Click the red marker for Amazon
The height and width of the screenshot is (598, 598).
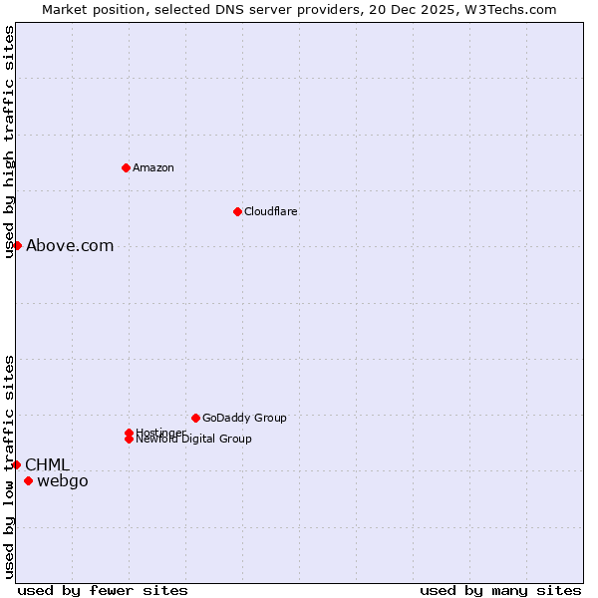[126, 167]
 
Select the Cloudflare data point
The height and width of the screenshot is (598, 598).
[237, 211]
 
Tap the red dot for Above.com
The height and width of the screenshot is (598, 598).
[17, 245]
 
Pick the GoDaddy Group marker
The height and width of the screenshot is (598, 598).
[195, 418]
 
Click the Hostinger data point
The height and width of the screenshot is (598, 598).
[130, 433]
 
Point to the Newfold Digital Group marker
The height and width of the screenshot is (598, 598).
[130, 439]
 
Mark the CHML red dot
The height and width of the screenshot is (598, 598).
[16, 464]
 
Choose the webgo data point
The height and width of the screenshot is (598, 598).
[28, 481]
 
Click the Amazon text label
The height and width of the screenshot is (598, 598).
[153, 167]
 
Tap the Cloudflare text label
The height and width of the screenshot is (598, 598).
[271, 211]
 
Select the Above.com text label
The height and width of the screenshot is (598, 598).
[70, 246]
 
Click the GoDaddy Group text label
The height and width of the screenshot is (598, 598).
[244, 418]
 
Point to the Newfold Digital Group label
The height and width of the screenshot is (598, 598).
[193, 440]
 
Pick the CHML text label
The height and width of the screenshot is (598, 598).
[47, 465]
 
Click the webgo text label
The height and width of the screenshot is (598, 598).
[63, 482]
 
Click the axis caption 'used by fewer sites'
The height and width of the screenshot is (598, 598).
[103, 591]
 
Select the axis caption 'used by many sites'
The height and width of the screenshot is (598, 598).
[500, 591]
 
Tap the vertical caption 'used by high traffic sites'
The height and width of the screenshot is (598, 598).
[10, 142]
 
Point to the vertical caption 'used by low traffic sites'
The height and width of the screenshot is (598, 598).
[10, 466]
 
